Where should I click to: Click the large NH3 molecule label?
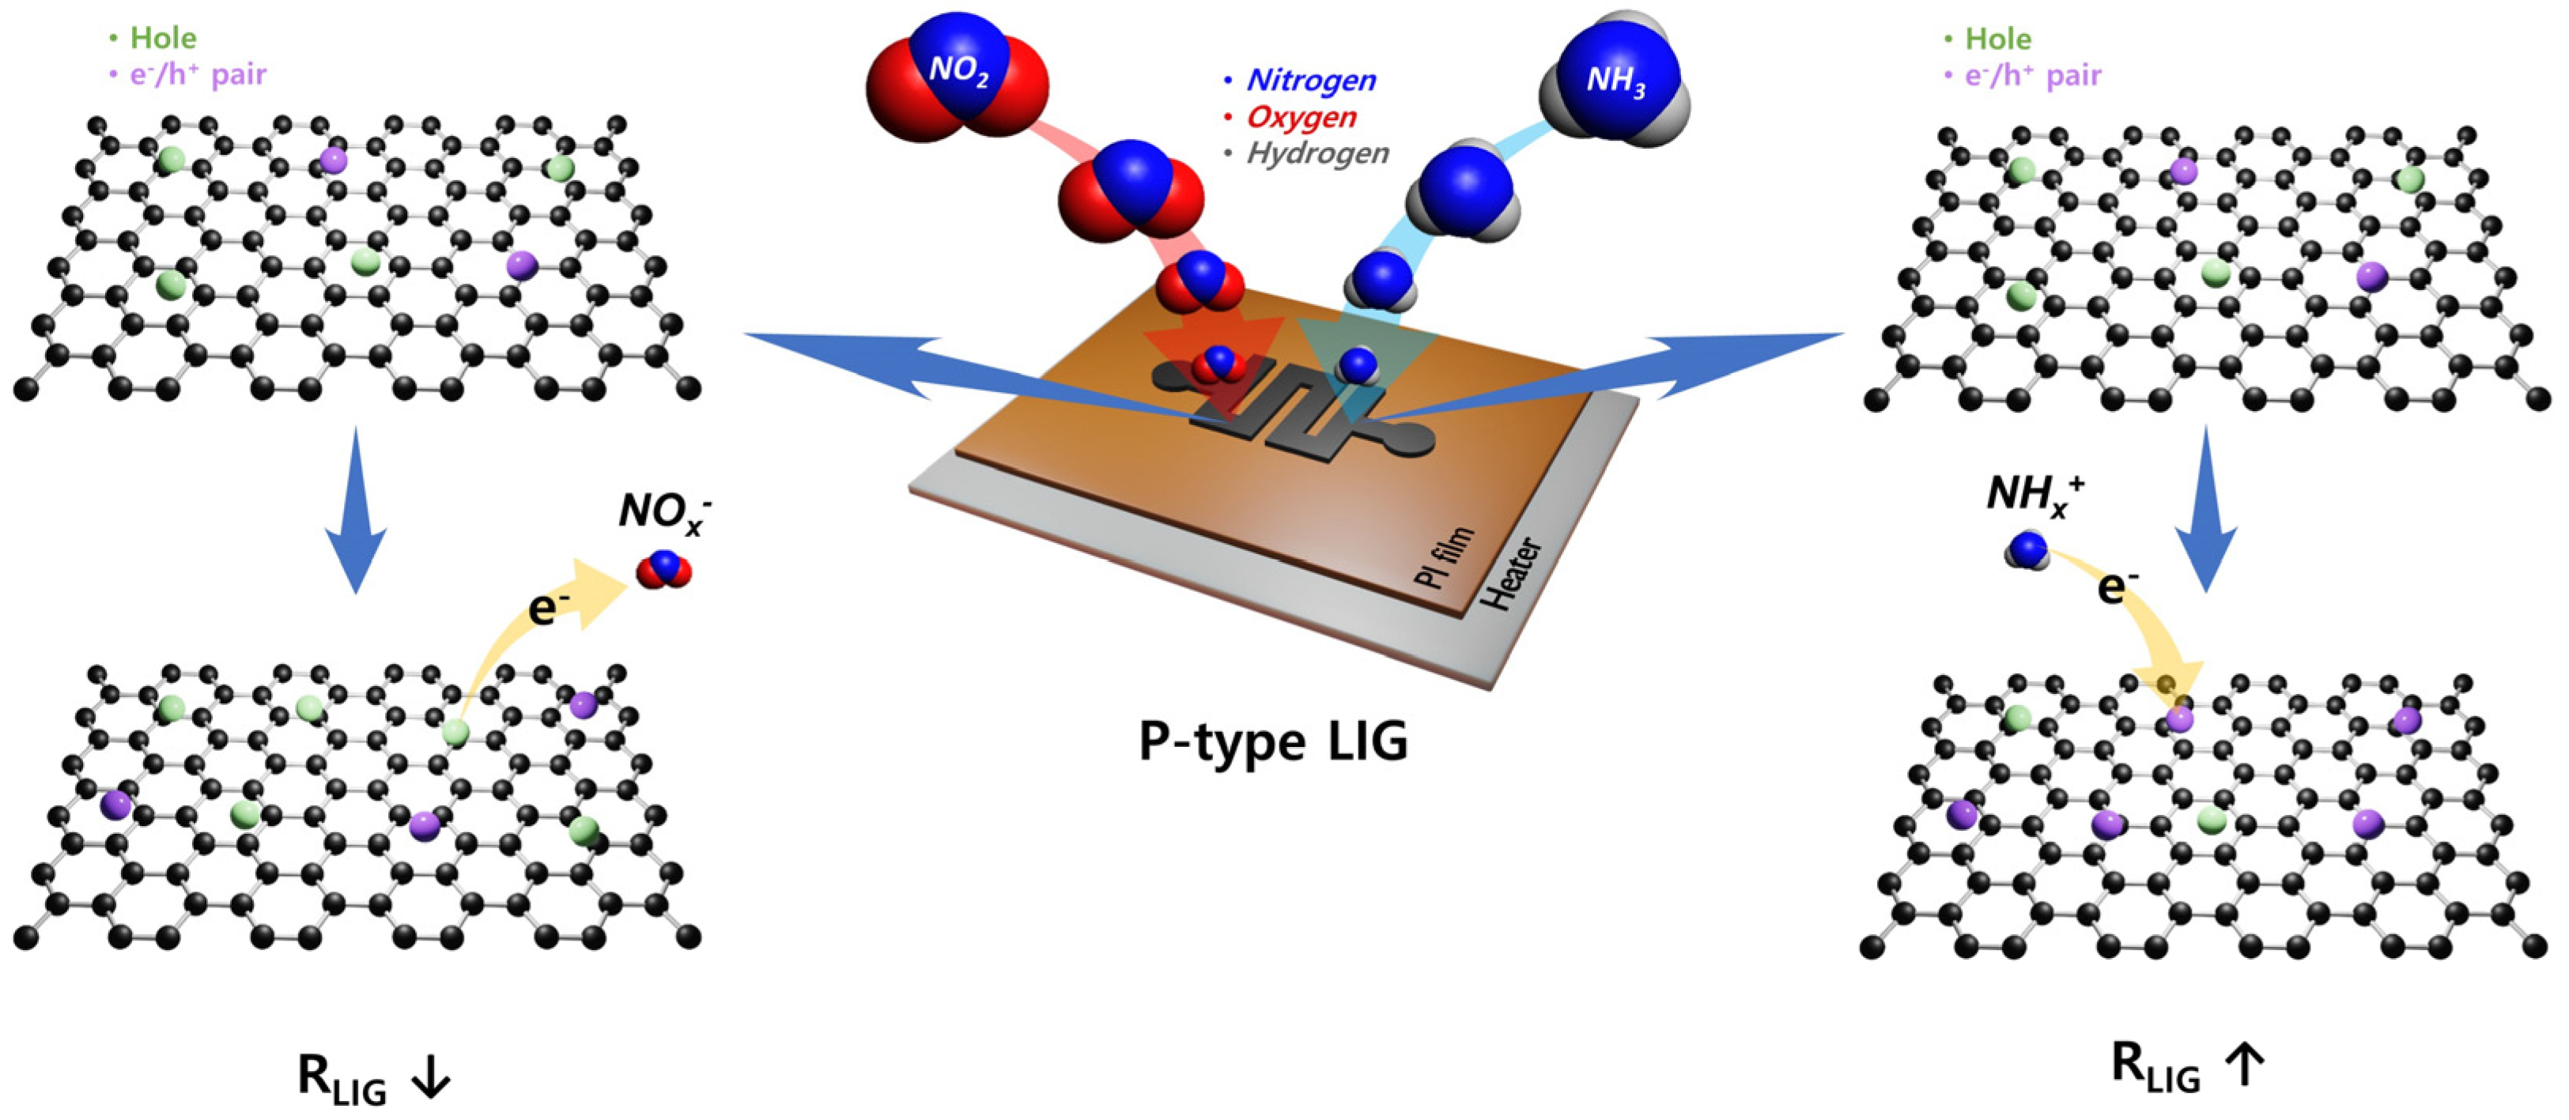point(1615,77)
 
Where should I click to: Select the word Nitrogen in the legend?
point(1310,80)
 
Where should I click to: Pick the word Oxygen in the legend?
point(1302,117)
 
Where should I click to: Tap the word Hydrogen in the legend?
point(1317,153)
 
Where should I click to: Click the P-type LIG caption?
point(1274,741)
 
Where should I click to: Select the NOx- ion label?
point(664,511)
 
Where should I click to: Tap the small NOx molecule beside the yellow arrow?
point(663,571)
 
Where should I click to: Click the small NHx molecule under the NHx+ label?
point(2027,549)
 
